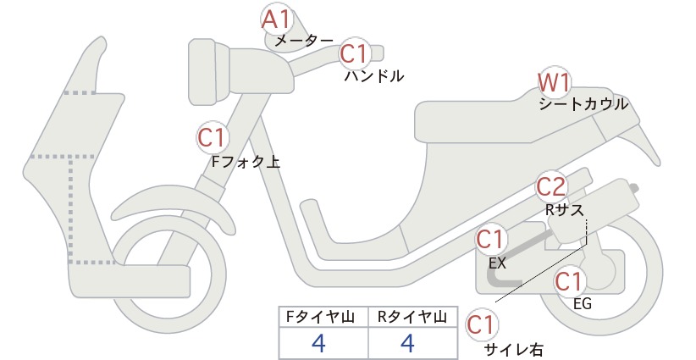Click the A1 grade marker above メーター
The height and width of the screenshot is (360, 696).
[276, 19]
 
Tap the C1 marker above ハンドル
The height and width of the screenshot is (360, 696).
[355, 53]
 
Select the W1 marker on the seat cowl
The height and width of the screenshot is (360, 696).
[553, 82]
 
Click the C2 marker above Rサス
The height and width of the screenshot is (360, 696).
[551, 187]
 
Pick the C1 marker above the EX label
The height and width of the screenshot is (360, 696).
[491, 240]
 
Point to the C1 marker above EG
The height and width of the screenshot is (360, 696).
[569, 282]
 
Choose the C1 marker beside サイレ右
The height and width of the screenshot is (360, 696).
[481, 325]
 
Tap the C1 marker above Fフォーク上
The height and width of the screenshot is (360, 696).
[213, 137]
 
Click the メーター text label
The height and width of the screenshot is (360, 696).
[304, 41]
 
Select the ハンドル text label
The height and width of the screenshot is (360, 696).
[374, 76]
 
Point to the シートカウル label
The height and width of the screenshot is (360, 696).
[583, 104]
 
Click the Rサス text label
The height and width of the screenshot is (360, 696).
[564, 209]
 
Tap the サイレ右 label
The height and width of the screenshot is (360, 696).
[514, 350]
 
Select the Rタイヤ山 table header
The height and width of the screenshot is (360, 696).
[412, 317]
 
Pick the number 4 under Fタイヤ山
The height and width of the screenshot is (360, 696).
[318, 343]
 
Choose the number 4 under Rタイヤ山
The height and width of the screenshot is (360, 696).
[407, 343]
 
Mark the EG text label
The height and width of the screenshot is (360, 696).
[583, 303]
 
